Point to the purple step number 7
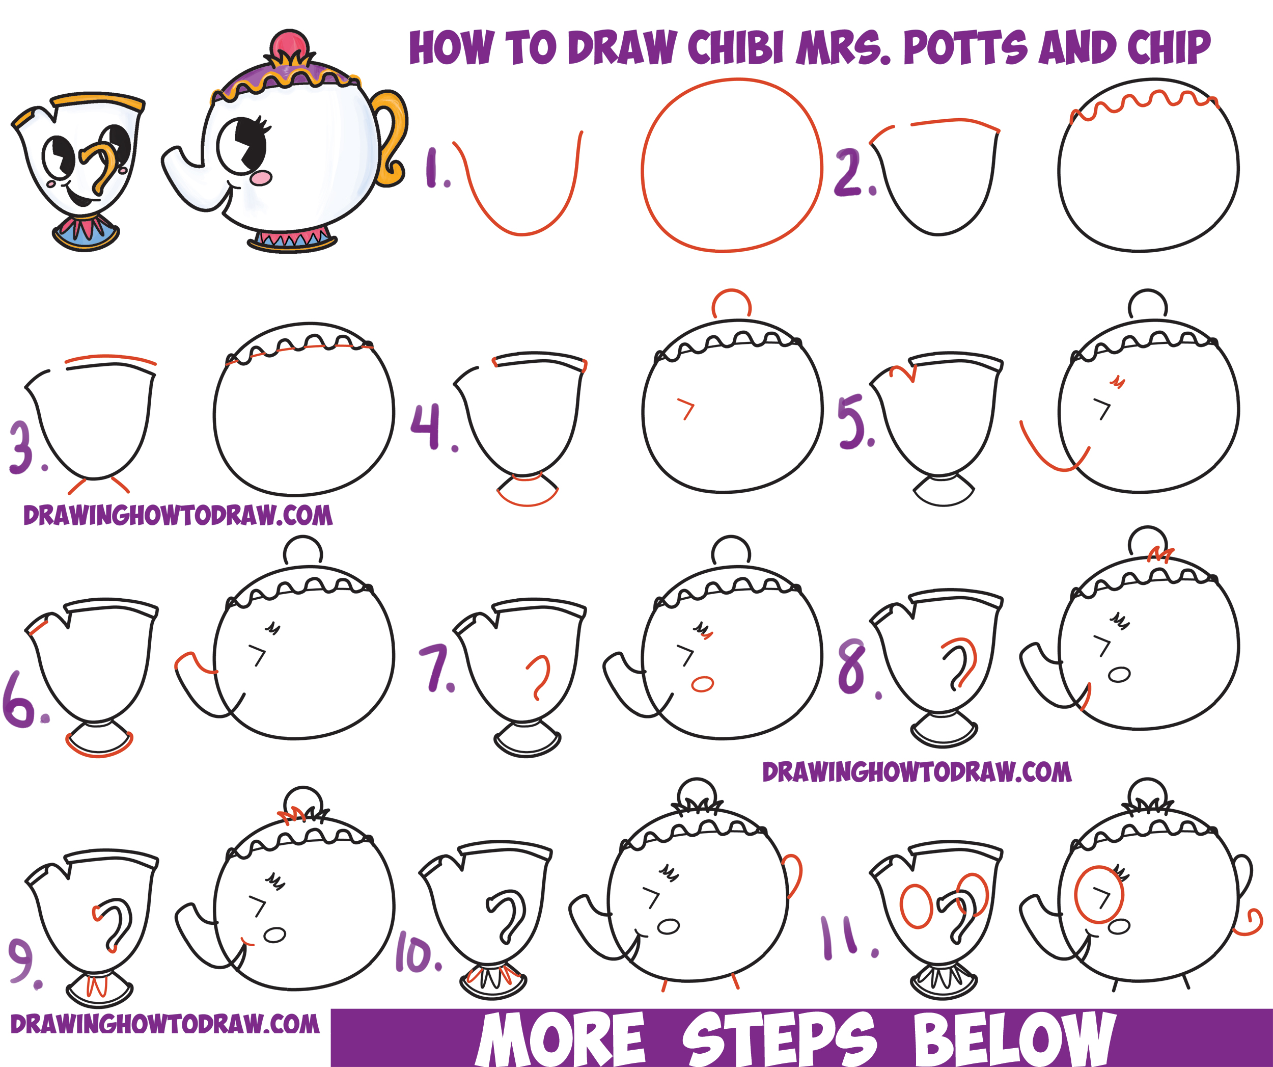point(436,669)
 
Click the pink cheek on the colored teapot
point(262,178)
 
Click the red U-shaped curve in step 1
point(522,233)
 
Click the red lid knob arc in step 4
point(732,290)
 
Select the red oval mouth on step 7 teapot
point(703,684)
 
